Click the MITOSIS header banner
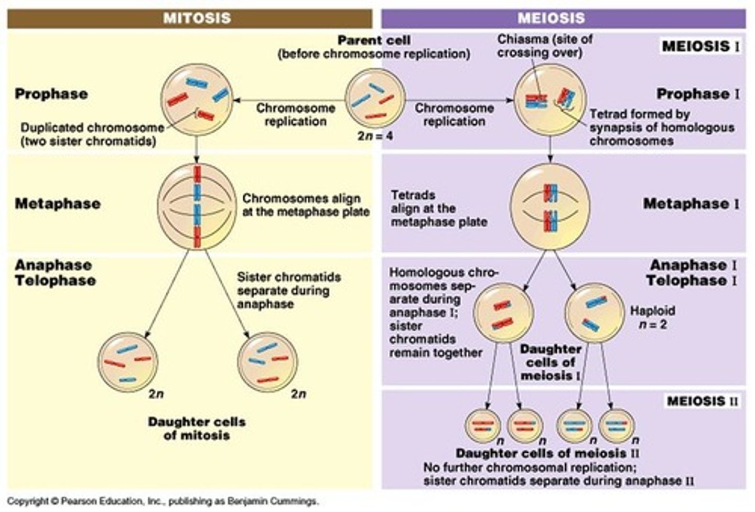(190, 18)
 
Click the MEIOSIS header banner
(563, 18)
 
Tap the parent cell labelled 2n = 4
(375, 99)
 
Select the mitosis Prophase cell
(197, 100)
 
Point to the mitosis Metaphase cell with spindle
(197, 206)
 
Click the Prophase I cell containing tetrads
(549, 100)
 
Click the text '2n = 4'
(375, 136)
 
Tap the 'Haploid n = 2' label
(652, 317)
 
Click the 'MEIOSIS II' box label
(702, 401)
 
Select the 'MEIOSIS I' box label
(700, 46)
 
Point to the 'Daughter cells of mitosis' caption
(197, 428)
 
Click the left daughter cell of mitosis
(127, 362)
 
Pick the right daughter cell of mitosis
(267, 362)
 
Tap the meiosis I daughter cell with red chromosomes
(503, 313)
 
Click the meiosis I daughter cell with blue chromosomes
(594, 313)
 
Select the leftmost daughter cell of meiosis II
(483, 426)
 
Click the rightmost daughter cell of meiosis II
(617, 426)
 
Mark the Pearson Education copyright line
(162, 501)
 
